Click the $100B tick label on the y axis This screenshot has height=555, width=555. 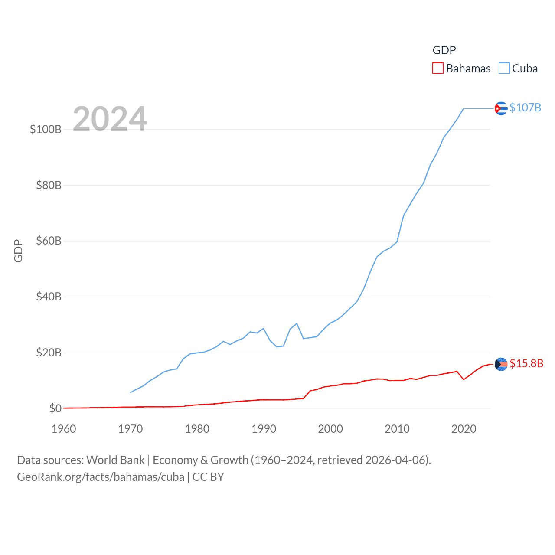click(x=46, y=129)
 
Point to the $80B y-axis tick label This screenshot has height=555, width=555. click(x=49, y=185)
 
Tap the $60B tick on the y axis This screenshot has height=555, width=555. click(x=49, y=241)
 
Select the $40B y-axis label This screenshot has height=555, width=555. click(x=49, y=297)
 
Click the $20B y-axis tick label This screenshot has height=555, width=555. click(x=49, y=353)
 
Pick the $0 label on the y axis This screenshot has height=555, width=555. click(x=55, y=408)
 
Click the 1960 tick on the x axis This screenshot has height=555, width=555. click(x=64, y=429)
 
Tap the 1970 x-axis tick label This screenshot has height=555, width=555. click(x=131, y=429)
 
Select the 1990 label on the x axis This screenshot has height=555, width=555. click(x=264, y=429)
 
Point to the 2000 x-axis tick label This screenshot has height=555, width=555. click(x=330, y=429)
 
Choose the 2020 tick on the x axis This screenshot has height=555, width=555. click(x=464, y=429)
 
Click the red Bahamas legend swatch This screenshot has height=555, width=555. click(x=438, y=69)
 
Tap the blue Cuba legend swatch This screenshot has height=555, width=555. click(x=504, y=69)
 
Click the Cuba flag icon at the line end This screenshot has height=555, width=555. click(x=501, y=108)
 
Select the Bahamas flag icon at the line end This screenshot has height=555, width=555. click(x=501, y=364)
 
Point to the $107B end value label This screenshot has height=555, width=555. click(x=525, y=108)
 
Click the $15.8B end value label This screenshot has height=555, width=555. click(x=526, y=363)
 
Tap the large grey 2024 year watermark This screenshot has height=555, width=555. click(x=110, y=119)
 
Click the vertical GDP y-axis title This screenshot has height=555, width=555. click(x=18, y=251)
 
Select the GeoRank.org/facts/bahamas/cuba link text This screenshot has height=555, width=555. click(x=101, y=477)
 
